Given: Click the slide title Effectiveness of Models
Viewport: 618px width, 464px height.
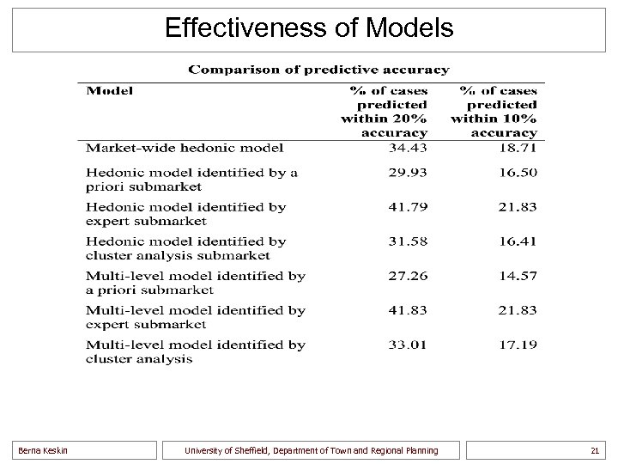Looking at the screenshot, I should (308, 28).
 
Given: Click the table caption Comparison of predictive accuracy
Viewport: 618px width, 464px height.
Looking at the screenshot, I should (318, 69).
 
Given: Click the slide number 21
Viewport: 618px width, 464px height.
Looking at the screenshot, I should (594, 450).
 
